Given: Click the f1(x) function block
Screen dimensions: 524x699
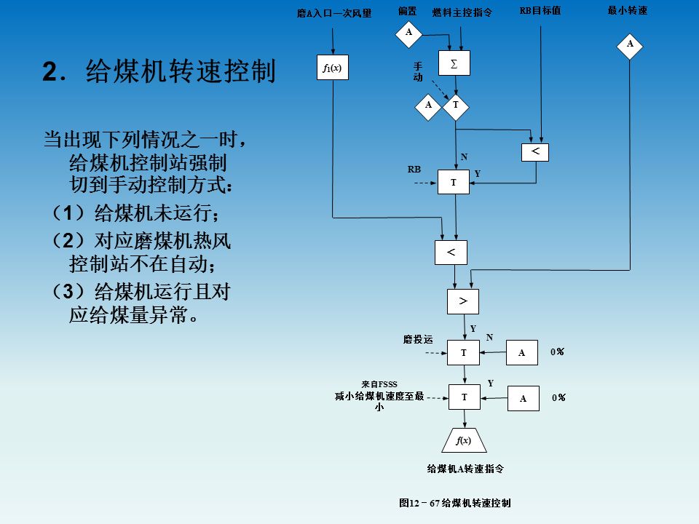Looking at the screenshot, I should (332, 69).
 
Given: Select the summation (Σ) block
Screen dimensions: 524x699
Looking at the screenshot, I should (454, 63).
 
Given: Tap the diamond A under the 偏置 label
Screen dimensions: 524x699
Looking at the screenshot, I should (408, 32).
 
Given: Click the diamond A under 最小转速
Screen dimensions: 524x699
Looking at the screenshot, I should (630, 44).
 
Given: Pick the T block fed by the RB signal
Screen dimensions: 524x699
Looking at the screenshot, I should (454, 183).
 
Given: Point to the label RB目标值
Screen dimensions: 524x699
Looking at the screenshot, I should (540, 11).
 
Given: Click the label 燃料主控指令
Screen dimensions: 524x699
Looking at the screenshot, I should (462, 12).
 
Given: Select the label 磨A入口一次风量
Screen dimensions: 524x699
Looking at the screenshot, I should (334, 13).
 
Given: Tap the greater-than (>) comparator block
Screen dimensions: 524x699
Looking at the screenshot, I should (463, 301).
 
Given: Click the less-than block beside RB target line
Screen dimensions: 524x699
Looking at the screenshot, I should (535, 151).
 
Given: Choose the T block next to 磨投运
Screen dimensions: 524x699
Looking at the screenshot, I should (464, 352).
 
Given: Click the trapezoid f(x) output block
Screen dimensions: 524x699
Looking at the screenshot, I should (464, 440).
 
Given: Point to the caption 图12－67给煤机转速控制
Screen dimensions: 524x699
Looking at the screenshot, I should (455, 503).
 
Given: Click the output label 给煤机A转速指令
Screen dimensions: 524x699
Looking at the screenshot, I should (465, 469).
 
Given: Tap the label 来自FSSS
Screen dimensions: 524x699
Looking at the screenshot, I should (379, 384).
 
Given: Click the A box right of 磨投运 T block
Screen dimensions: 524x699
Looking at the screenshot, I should (522, 353).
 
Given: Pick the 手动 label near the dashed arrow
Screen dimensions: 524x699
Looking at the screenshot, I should (418, 71).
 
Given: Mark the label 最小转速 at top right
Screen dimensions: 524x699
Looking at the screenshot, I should (628, 11).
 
